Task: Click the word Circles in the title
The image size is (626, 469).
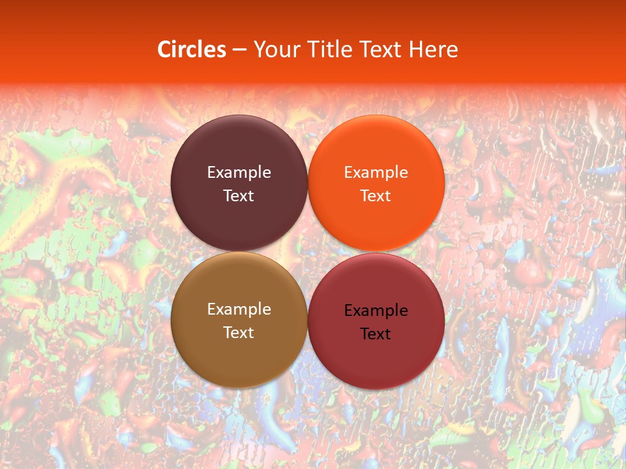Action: pos(191,50)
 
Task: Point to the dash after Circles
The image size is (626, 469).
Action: pos(239,50)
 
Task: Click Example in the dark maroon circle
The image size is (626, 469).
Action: pos(239,173)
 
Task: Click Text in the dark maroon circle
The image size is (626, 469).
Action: pos(239,196)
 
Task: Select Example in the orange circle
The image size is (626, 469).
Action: pos(376,173)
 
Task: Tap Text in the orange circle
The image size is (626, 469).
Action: pos(376,196)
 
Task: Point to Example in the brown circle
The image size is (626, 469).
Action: pos(239,309)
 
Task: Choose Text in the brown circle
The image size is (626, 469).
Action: pos(239,333)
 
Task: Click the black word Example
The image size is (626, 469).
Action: pos(376,311)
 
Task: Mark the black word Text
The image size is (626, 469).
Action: pos(376,334)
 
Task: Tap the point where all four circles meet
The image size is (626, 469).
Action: pos(307,252)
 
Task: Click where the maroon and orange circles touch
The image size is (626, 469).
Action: pos(307,183)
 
